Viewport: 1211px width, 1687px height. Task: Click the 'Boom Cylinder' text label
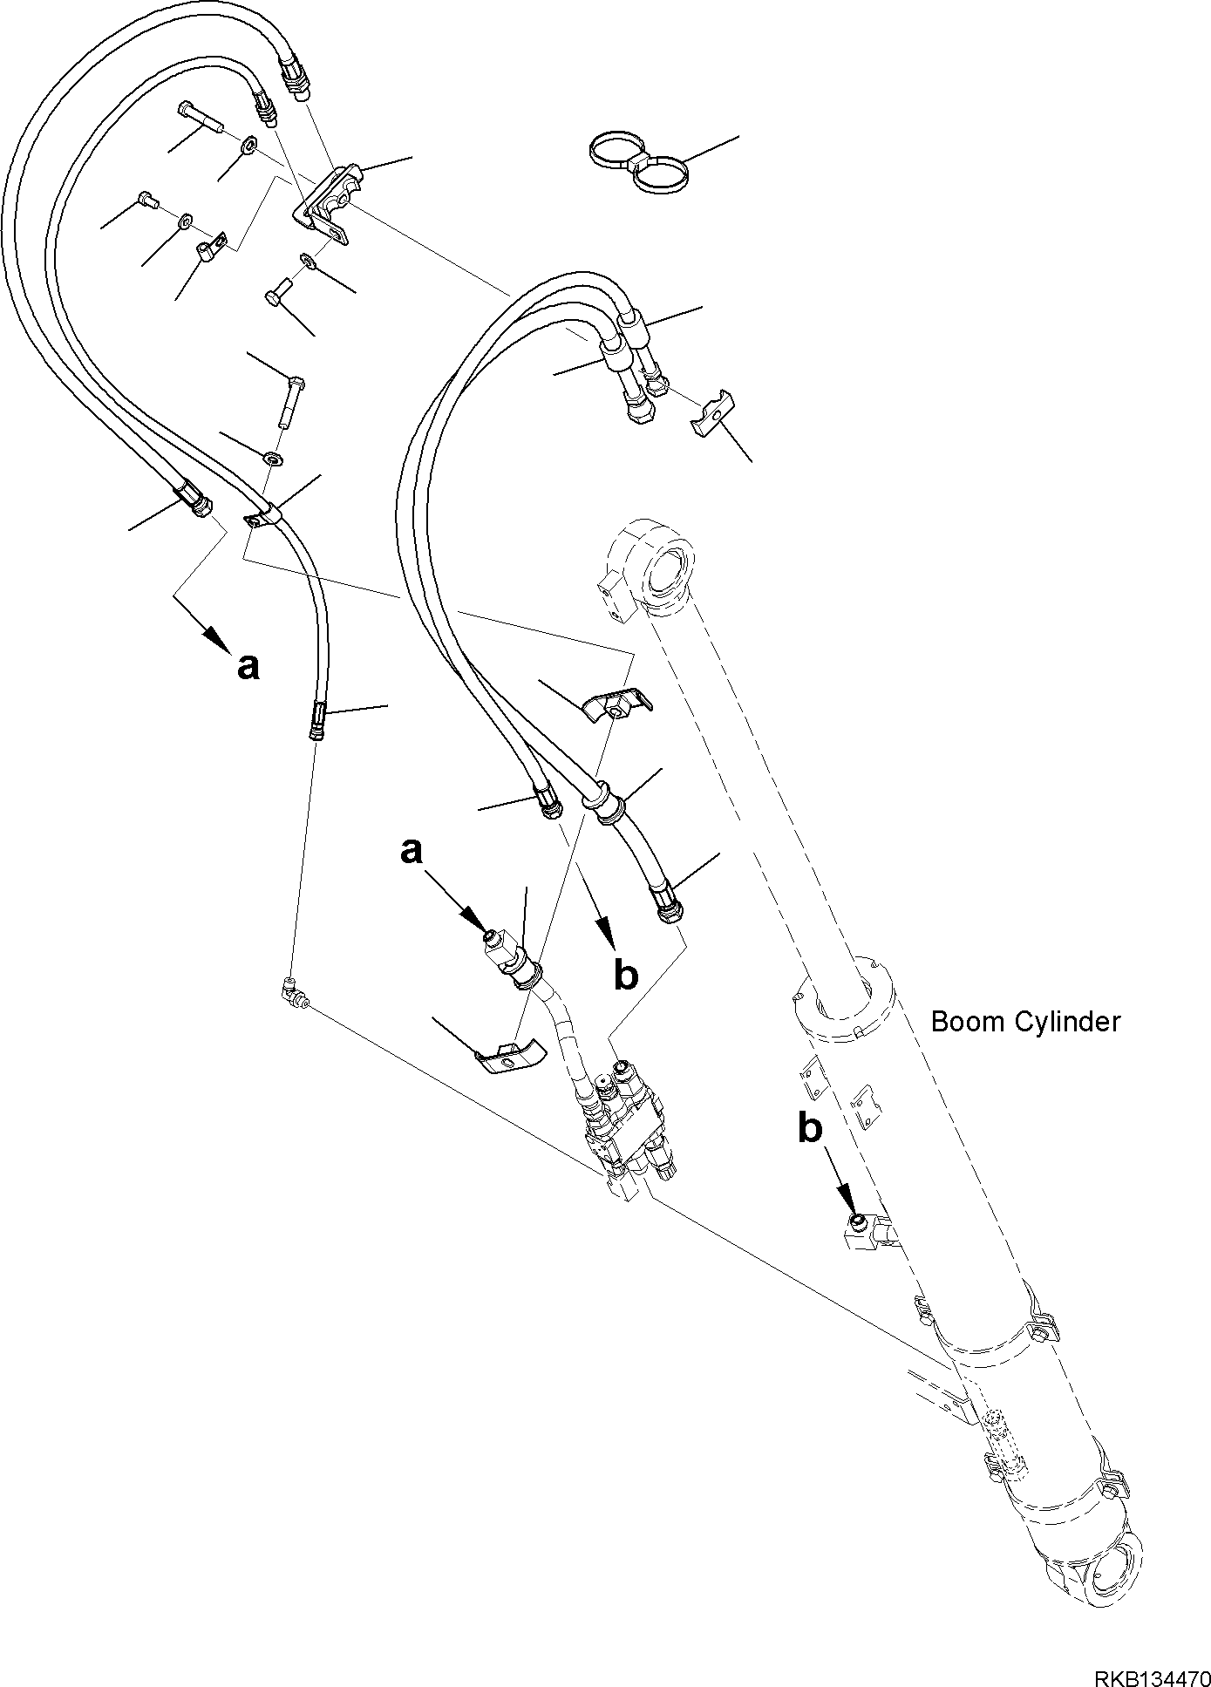(x=1024, y=1021)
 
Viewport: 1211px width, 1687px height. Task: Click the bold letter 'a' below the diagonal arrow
(x=248, y=667)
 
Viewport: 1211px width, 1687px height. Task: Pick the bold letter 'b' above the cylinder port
(x=810, y=1129)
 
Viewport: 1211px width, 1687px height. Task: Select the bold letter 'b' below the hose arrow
(x=626, y=975)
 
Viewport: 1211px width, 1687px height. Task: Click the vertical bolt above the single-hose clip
(x=292, y=400)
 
